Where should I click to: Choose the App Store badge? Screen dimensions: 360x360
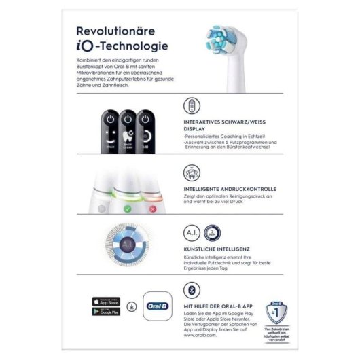point(106,300)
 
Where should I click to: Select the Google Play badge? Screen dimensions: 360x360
point(106,313)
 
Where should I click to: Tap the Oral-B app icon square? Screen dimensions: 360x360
point(157,307)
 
